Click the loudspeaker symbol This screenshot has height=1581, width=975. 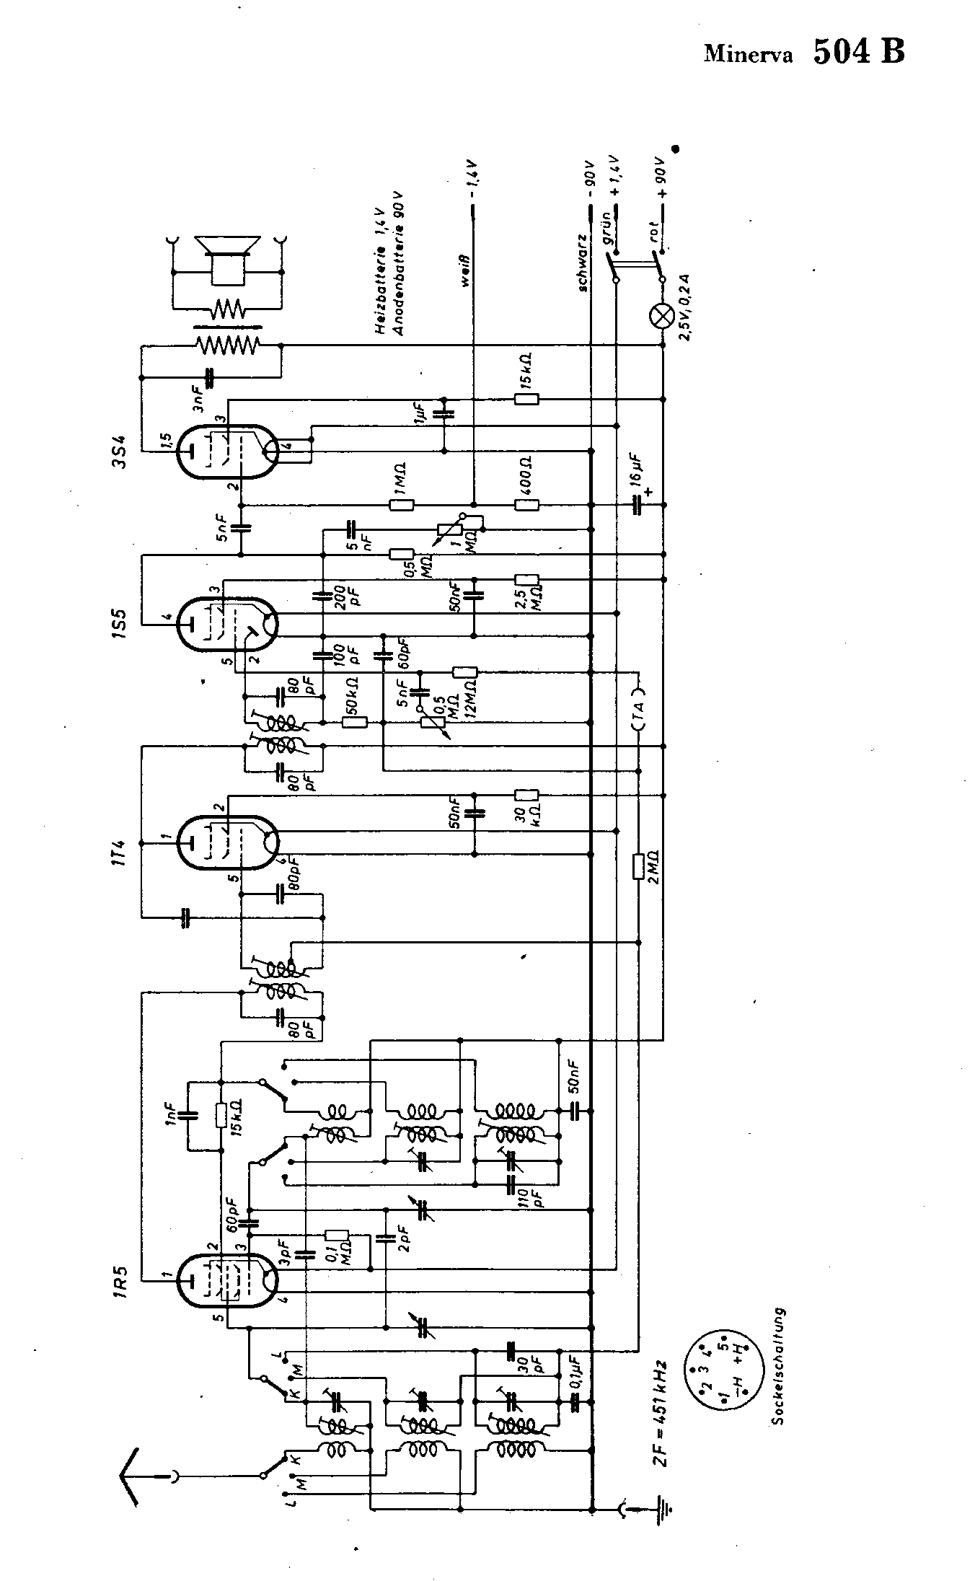coord(228,249)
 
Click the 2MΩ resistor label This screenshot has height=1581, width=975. coord(656,866)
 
